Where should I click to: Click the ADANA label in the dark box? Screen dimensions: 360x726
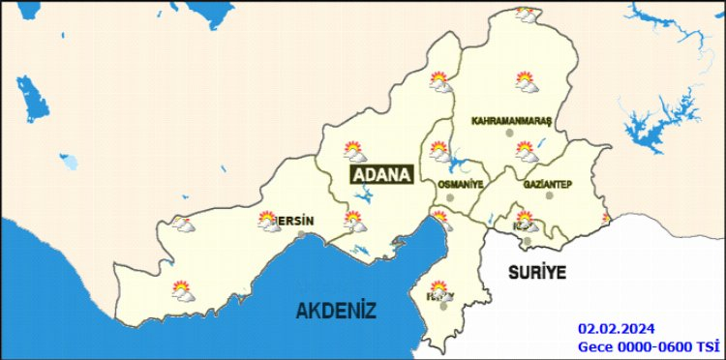pos(381,175)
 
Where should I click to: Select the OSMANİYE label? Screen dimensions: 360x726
pos(460,184)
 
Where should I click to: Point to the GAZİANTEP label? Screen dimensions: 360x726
pos(549,184)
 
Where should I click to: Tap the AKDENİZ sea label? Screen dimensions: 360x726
pos(336,311)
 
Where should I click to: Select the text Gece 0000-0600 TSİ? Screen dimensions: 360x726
pos(649,345)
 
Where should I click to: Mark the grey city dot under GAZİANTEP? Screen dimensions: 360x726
pos(549,195)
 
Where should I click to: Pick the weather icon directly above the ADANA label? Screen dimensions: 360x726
pos(355,151)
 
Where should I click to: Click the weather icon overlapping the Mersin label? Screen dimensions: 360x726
pos(270,222)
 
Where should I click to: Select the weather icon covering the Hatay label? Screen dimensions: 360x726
pos(441,291)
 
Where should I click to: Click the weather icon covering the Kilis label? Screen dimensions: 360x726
pos(525,221)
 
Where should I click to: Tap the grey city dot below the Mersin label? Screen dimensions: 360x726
pos(302,234)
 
